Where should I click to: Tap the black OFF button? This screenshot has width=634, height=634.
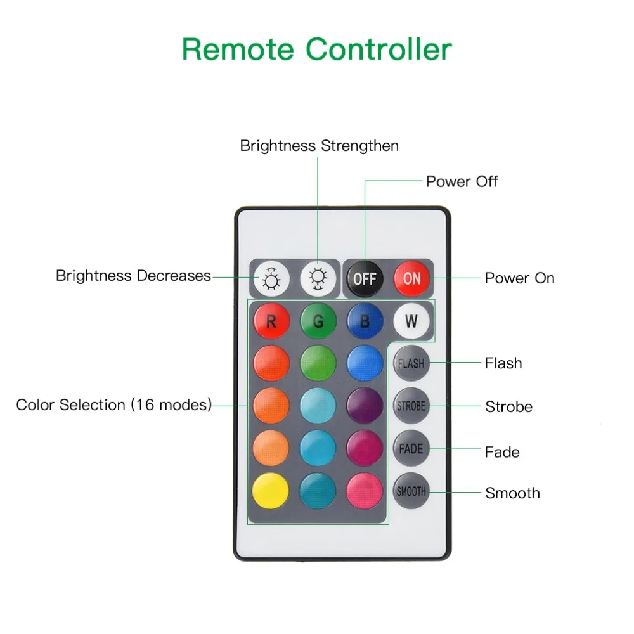(x=365, y=278)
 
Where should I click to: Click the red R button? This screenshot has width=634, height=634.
(x=271, y=321)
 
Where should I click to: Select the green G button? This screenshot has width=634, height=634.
(x=318, y=321)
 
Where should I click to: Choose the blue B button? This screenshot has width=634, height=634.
(x=365, y=321)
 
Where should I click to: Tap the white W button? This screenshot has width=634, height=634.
(x=411, y=321)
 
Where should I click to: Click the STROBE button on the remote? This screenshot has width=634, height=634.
(x=411, y=406)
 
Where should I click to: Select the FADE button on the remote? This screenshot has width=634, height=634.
(x=411, y=448)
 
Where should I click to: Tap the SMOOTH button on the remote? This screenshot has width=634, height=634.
(x=411, y=491)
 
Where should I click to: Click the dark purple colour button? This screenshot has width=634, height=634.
(x=365, y=406)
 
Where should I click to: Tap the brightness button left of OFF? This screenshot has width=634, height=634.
(x=318, y=278)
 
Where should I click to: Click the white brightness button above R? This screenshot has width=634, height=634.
(x=271, y=278)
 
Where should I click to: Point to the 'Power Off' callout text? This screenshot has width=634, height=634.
(x=462, y=181)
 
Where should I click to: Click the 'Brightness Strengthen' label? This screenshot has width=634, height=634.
(x=320, y=146)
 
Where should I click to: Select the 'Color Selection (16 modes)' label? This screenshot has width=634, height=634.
(x=114, y=404)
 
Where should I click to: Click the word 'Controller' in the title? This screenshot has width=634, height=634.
(x=378, y=49)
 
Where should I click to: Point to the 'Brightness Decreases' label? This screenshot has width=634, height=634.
(x=133, y=276)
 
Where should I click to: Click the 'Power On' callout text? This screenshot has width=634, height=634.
(x=520, y=278)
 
